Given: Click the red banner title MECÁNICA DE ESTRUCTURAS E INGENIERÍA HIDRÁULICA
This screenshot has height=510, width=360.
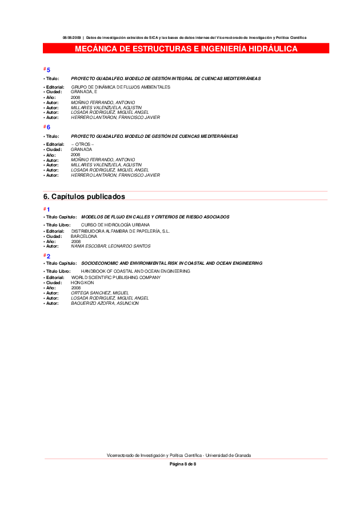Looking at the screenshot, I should [186, 49].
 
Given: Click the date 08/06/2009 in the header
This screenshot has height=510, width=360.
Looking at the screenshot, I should [72, 38].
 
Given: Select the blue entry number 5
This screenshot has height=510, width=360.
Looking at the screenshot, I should [49, 70].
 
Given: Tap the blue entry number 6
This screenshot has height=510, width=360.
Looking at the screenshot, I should [49, 127].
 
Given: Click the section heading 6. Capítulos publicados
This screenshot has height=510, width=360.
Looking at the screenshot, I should [84, 197].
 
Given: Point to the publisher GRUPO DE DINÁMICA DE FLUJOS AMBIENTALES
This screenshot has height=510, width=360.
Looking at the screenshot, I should [121, 87].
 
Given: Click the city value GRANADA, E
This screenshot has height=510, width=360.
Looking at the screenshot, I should [84, 91].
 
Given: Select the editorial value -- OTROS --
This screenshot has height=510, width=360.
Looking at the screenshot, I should [82, 144].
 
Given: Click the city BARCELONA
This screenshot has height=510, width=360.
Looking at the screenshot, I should [84, 236].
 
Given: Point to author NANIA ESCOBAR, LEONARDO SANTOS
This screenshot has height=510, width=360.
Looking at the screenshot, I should [111, 246].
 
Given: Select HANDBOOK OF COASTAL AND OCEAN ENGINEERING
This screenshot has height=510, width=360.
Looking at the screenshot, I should [135, 271].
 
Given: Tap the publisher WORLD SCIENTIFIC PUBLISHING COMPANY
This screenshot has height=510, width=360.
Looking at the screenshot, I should [116, 277].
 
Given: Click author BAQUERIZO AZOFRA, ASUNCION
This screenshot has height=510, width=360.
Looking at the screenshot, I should [105, 303].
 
